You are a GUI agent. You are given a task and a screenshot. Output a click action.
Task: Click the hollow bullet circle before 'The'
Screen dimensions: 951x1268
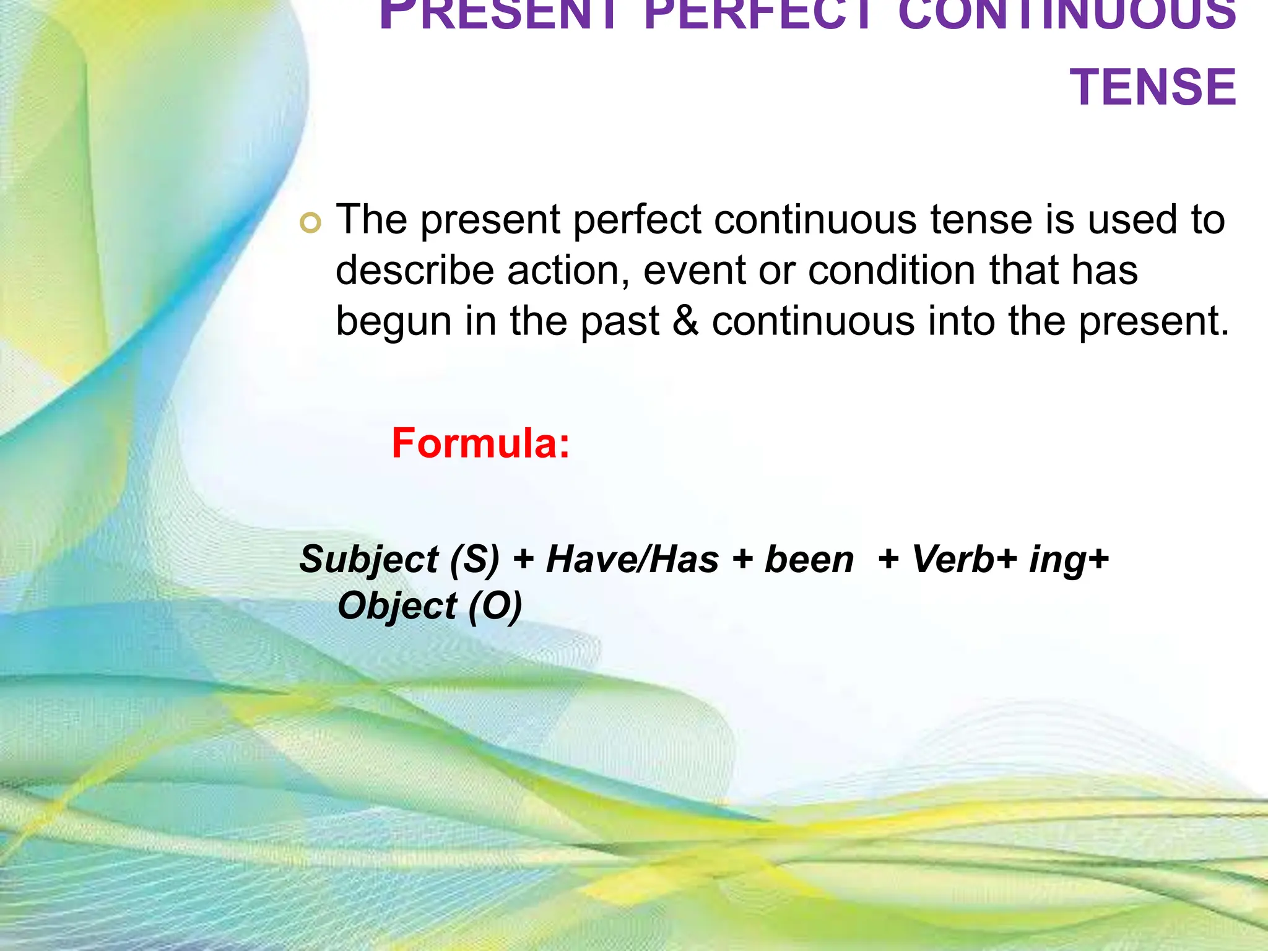[310, 222]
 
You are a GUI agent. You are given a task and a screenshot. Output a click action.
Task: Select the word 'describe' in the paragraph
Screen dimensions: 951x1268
[415, 271]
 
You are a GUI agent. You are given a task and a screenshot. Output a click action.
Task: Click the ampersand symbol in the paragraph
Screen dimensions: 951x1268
[685, 321]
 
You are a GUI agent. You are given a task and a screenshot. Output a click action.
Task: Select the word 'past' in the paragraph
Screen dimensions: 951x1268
[620, 323]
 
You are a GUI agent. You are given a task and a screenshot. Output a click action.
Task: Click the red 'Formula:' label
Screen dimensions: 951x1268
[480, 443]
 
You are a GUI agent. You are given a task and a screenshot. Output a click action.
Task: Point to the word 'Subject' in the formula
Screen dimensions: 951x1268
[369, 560]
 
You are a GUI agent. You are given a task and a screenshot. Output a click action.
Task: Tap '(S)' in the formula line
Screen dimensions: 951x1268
[474, 559]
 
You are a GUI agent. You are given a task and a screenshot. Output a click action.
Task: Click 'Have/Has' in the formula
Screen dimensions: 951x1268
[632, 559]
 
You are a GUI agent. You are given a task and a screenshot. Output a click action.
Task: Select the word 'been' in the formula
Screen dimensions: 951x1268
[809, 559]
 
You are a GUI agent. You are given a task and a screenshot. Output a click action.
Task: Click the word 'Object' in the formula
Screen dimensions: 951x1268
[397, 606]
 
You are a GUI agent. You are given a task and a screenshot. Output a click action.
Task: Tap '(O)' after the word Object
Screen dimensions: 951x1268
[495, 606]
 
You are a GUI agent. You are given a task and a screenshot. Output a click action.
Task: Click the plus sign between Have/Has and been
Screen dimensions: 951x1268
[742, 560]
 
